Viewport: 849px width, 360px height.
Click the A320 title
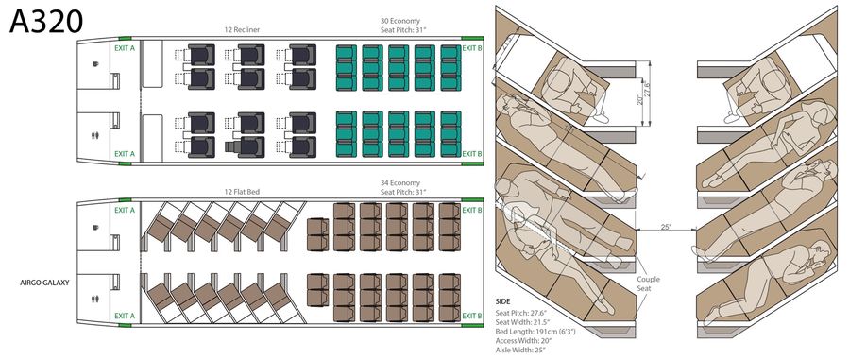46,21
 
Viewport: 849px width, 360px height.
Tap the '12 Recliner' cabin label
242,30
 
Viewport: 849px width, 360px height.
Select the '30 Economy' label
400,22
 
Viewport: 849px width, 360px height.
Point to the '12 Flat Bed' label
242,192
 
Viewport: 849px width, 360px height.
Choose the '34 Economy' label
400,183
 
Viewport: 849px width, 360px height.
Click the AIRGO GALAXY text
44,282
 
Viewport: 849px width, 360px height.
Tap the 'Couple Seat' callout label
648,284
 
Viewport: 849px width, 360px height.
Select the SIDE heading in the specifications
503,301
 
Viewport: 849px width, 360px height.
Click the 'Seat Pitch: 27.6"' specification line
523,312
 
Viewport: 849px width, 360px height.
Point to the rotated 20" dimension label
639,100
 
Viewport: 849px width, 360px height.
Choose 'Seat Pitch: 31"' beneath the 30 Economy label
400,30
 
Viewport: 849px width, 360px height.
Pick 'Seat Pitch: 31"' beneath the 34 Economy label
400,192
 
